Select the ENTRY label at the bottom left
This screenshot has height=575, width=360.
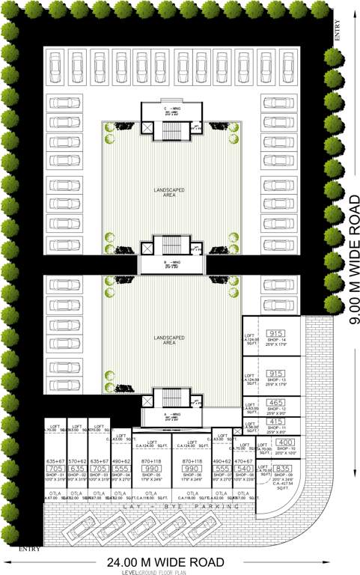10,548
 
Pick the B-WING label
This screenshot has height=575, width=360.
171,262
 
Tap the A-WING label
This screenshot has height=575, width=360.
171,414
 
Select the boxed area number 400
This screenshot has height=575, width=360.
285,442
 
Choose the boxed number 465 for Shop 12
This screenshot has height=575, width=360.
276,402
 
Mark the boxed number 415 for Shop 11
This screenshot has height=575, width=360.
276,422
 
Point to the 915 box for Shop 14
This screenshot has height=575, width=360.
276,333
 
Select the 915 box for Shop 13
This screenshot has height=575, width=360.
276,373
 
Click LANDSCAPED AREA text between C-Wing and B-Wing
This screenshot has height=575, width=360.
171,193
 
